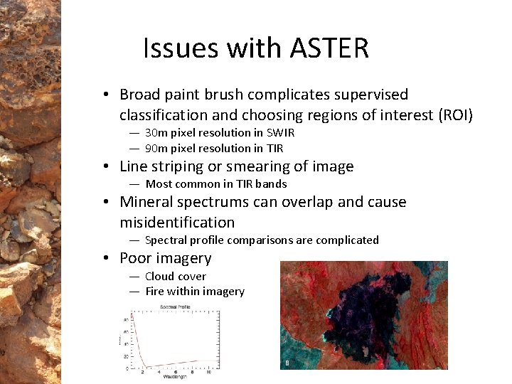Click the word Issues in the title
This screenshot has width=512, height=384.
[181, 48]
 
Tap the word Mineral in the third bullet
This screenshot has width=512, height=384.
[145, 202]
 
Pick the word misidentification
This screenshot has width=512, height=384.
[177, 222]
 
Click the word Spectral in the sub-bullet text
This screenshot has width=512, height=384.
[166, 240]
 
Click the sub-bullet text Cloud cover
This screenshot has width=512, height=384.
[175, 276]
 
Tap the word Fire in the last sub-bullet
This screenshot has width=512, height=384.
[155, 291]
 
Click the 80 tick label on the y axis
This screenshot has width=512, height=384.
[125, 319]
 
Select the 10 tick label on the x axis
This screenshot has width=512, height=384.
[208, 371]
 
